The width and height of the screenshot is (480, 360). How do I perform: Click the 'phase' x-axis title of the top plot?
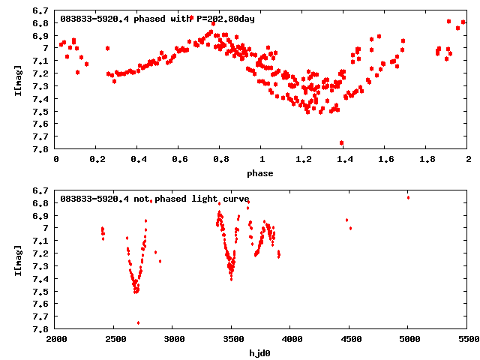[x=262, y=173]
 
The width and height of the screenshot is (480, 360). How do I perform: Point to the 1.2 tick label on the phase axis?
[x=303, y=160]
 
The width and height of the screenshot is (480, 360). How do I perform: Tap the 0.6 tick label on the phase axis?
[x=179, y=160]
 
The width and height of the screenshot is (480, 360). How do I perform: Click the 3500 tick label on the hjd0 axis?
[x=232, y=340]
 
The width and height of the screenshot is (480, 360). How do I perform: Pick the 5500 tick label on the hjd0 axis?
[x=468, y=340]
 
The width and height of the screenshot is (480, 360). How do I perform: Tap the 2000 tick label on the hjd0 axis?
[x=56, y=340]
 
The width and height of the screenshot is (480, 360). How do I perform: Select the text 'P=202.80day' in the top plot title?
[x=225, y=19]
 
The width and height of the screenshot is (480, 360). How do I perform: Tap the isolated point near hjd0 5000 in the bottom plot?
[x=408, y=197]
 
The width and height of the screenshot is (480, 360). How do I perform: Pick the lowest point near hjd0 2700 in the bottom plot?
[x=138, y=322]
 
